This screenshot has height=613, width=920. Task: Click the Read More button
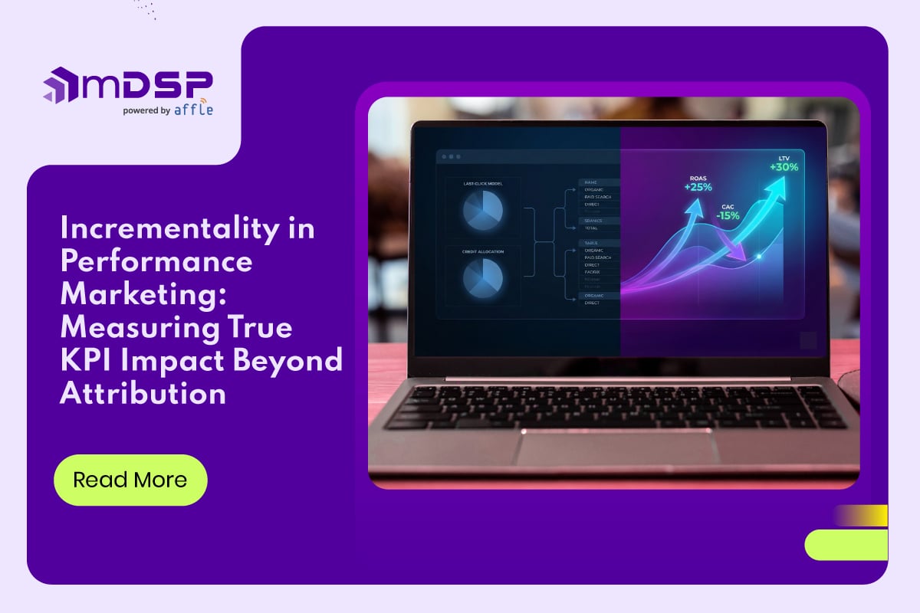coord(130,480)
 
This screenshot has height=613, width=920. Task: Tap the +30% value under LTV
coord(784,168)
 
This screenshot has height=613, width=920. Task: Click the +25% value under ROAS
coord(698,187)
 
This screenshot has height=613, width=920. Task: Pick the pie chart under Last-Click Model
coord(482,210)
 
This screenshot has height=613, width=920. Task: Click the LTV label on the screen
coord(784,158)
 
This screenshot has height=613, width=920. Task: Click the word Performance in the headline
coord(156,261)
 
